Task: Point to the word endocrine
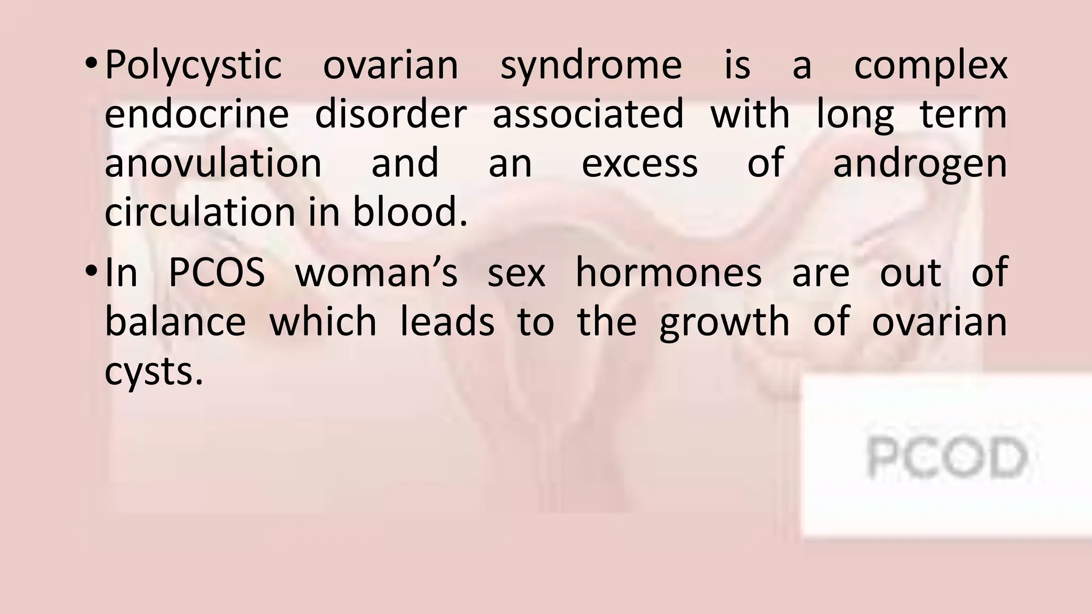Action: pyautogui.click(x=196, y=114)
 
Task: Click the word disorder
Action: pyautogui.click(x=391, y=114)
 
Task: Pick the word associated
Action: pyautogui.click(x=588, y=114)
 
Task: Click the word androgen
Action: pyautogui.click(x=920, y=164)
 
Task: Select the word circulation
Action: pyautogui.click(x=199, y=212)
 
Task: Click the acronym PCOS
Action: pyautogui.click(x=216, y=273)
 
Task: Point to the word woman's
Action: pyautogui.click(x=376, y=273)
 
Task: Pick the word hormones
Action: pyautogui.click(x=669, y=273)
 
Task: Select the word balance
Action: pyautogui.click(x=175, y=322)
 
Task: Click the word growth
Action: pyautogui.click(x=724, y=323)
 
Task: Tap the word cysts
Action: pyautogui.click(x=154, y=372)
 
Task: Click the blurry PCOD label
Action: pyautogui.click(x=947, y=457)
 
